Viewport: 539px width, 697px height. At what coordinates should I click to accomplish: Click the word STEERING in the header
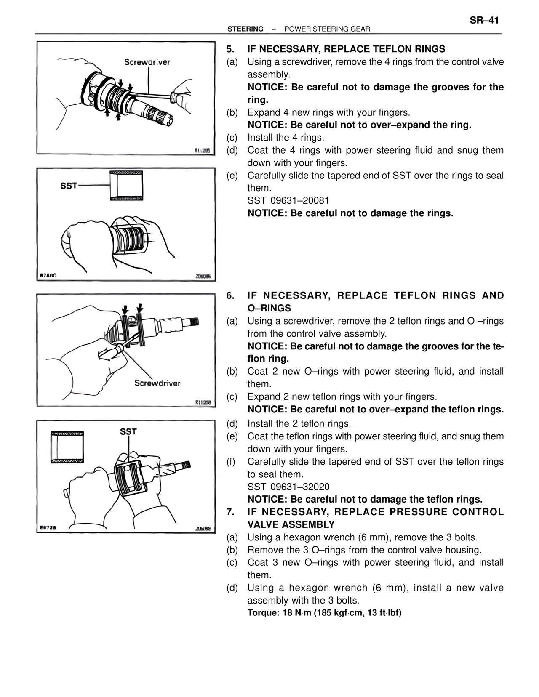(245, 29)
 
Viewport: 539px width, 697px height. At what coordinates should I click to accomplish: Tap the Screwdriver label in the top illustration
(147, 62)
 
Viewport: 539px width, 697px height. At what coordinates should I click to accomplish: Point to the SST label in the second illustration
(69, 186)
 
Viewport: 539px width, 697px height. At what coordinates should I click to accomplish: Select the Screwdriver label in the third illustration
(157, 383)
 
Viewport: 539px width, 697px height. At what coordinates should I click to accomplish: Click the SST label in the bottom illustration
(128, 431)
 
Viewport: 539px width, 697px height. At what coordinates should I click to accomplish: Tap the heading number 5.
(230, 49)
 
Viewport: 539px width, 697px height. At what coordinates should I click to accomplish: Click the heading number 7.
(230, 512)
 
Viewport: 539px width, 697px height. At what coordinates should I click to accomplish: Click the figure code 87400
(48, 276)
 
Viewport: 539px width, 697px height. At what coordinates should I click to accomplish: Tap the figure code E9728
(48, 528)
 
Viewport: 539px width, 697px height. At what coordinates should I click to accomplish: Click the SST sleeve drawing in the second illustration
(126, 186)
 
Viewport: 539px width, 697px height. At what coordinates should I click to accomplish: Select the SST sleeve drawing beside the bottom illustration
(67, 447)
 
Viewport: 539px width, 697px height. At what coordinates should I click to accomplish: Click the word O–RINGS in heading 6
(269, 308)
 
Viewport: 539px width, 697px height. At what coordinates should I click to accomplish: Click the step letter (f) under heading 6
(231, 462)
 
